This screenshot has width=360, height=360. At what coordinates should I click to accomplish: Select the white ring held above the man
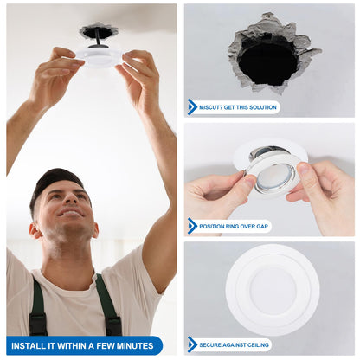click(99, 57)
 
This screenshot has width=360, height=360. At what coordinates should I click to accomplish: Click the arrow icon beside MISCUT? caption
click(192, 107)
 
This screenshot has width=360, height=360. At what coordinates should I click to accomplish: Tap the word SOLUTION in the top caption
click(261, 107)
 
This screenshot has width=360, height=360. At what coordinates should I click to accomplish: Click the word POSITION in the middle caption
click(214, 226)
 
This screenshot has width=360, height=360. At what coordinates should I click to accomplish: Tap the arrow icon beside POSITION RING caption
click(192, 226)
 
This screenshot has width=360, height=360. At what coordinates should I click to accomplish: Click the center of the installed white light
click(272, 289)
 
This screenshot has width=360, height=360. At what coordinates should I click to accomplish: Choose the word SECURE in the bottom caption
click(212, 344)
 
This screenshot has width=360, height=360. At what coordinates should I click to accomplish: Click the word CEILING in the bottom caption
click(254, 344)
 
